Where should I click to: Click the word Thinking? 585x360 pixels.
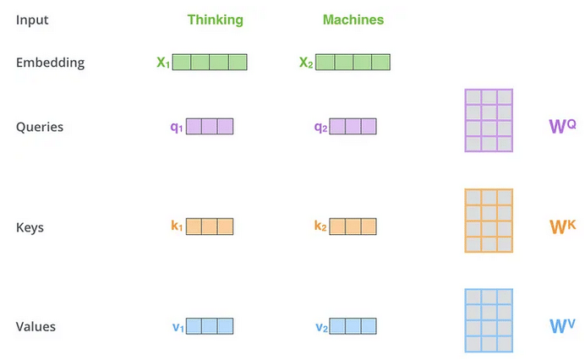point(216,20)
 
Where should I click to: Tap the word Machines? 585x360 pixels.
point(353,19)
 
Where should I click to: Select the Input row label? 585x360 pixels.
point(32,20)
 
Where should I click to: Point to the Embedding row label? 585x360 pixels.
point(51,63)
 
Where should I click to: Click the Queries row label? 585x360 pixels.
point(40,127)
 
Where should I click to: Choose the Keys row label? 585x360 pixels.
point(30,227)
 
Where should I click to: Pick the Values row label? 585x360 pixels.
point(36,327)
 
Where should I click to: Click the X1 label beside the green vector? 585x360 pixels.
point(163,63)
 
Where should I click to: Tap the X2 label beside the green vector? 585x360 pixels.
point(306,63)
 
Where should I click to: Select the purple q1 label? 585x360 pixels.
point(177,128)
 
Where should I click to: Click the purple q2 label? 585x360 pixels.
point(320,128)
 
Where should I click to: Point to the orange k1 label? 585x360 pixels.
point(177,226)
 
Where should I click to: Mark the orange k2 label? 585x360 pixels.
point(320,226)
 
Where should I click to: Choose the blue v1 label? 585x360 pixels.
point(178,328)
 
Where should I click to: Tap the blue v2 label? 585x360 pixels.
point(321,328)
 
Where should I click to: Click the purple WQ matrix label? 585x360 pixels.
point(562,126)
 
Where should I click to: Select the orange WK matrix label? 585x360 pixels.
point(563,226)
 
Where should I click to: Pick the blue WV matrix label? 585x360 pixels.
point(562,326)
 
